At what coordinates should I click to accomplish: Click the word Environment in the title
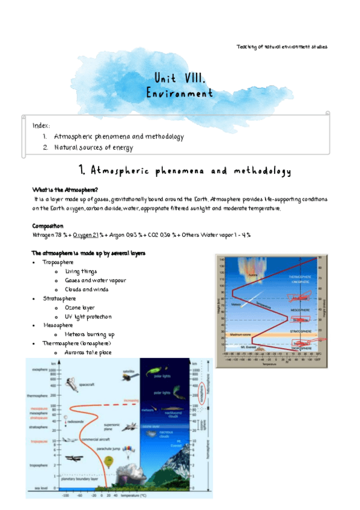point(180,94)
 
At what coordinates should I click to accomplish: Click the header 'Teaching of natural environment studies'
point(281,47)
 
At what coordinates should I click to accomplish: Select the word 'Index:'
point(41,125)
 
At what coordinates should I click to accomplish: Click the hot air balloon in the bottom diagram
point(108,462)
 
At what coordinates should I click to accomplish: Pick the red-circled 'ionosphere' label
point(201,393)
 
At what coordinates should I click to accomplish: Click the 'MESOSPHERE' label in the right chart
point(301,310)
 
